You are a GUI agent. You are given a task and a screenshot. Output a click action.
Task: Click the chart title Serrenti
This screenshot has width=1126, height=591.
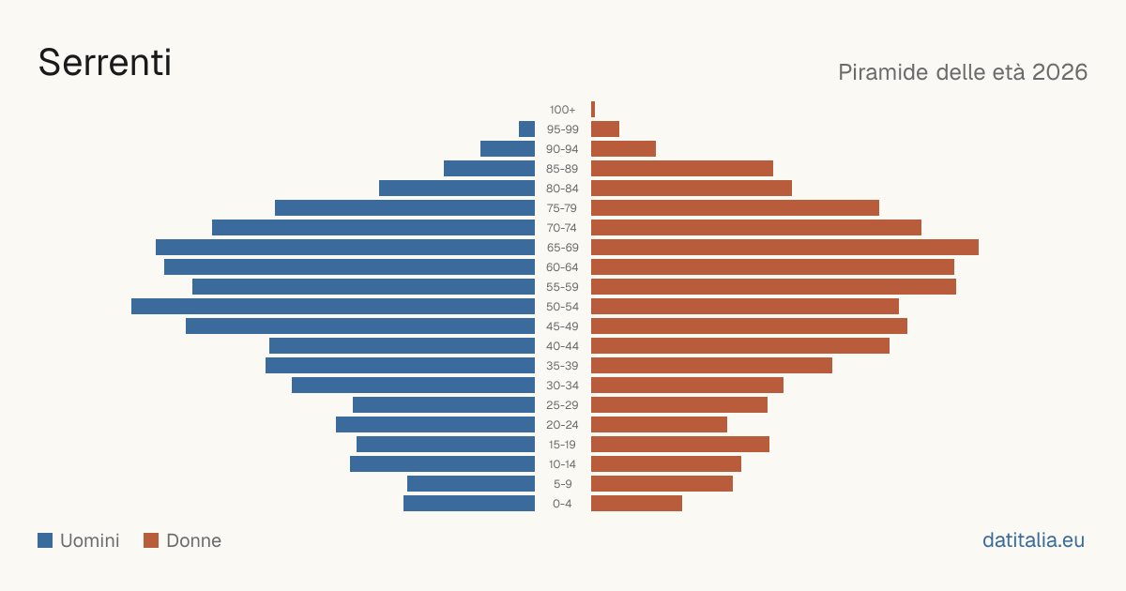(104, 63)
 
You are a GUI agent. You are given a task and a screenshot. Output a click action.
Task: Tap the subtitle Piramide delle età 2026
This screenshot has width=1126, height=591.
(963, 72)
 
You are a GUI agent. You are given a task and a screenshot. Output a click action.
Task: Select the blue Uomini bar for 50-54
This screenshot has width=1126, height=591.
(333, 307)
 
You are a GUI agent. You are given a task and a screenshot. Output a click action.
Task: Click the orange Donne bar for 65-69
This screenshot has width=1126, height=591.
(784, 248)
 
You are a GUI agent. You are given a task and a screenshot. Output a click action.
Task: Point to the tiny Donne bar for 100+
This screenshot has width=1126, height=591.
(593, 110)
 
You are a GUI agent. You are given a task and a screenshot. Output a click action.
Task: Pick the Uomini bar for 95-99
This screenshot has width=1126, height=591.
(526, 129)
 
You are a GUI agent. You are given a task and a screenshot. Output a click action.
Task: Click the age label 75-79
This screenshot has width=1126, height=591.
(562, 208)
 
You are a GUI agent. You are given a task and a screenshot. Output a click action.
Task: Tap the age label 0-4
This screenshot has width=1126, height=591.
(562, 504)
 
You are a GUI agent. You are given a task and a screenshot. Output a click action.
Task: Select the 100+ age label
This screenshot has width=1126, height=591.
(562, 110)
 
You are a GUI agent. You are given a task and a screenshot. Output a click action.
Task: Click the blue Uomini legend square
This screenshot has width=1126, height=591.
(45, 540)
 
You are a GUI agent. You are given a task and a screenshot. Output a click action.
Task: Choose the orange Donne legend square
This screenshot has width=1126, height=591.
(151, 540)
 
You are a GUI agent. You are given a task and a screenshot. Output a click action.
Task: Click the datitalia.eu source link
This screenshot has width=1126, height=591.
(1033, 540)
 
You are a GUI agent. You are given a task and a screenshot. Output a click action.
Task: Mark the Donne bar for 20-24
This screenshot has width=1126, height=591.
(659, 425)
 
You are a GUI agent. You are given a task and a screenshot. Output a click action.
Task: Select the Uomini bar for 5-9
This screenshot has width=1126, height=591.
(471, 484)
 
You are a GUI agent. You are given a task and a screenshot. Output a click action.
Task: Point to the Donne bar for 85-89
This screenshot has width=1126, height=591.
(682, 168)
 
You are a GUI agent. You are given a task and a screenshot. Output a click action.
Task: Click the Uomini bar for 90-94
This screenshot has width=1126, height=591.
(508, 149)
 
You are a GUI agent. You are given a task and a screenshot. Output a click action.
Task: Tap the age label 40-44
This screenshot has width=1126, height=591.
(562, 346)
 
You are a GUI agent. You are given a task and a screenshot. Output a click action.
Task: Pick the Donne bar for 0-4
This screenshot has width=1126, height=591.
(636, 504)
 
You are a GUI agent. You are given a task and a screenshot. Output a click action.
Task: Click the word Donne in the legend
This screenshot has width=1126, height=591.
(193, 540)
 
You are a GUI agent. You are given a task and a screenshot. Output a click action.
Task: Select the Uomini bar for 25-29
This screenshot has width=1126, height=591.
(444, 405)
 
